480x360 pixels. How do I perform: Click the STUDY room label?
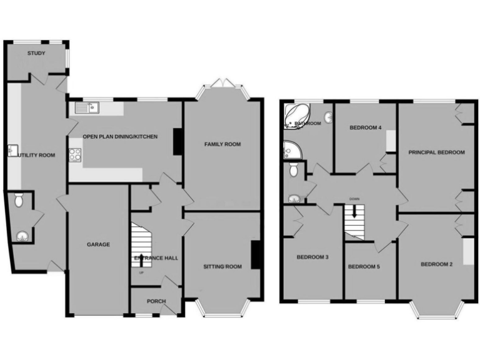(36, 54)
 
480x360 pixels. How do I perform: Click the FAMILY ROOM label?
(222, 144)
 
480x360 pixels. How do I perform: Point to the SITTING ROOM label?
(222, 267)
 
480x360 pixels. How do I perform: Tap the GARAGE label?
(98, 244)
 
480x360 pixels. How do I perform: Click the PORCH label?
(156, 301)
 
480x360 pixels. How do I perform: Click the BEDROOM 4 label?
(365, 127)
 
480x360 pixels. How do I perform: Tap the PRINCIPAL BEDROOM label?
(436, 152)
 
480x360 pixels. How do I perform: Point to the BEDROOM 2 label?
(437, 264)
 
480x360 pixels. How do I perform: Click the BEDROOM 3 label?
(312, 257)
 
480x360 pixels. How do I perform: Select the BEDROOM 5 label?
(364, 267)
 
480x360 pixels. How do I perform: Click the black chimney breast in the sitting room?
(256, 255)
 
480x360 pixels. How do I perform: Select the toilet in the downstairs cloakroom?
(19, 201)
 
